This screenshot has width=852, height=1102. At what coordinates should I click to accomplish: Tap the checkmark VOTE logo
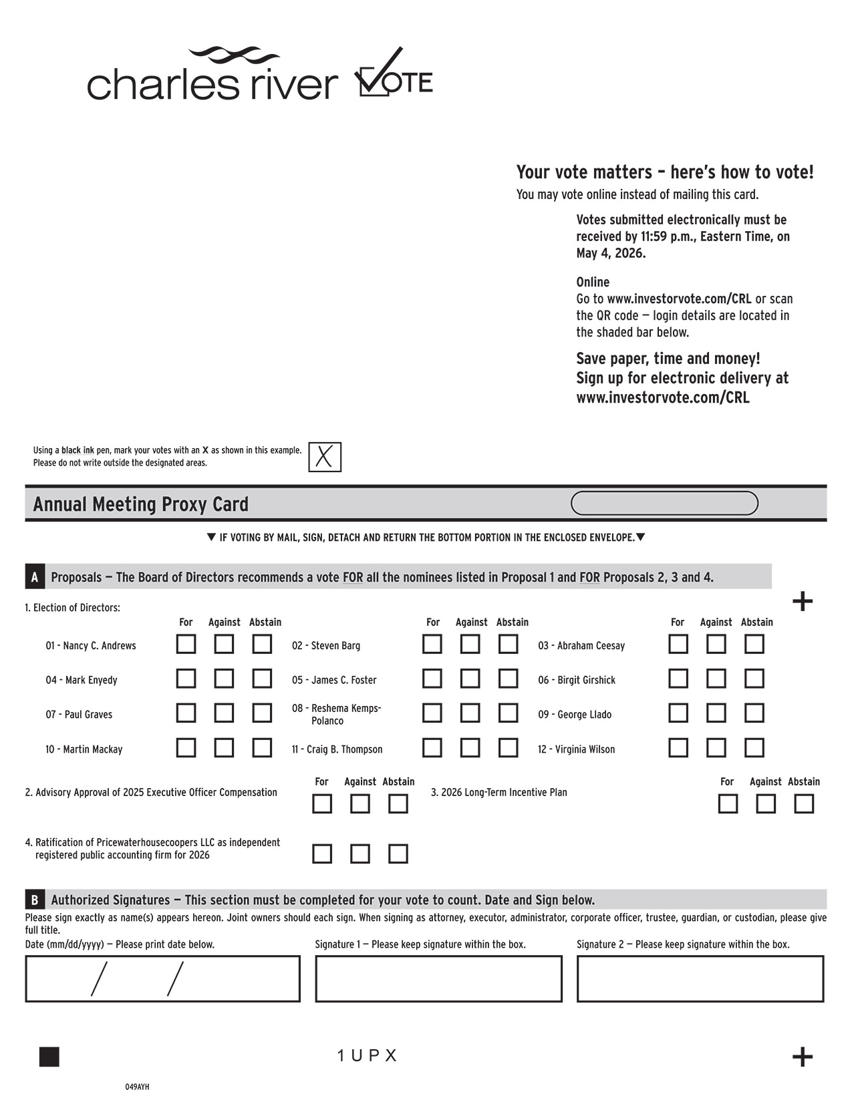(x=394, y=73)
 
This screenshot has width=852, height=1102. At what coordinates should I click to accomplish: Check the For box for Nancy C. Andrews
(x=186, y=645)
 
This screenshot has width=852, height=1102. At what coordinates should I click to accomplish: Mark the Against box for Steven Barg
(x=470, y=645)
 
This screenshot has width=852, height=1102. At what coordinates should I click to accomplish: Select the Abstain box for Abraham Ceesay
(x=754, y=645)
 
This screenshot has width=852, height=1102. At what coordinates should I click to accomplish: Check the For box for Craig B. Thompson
(x=432, y=747)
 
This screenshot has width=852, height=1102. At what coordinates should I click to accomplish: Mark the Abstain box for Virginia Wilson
(x=754, y=747)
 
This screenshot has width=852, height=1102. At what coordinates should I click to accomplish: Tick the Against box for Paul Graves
(x=224, y=713)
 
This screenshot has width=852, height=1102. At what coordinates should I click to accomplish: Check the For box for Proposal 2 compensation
(x=322, y=803)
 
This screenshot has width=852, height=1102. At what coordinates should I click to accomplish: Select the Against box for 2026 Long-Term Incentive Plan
(x=765, y=803)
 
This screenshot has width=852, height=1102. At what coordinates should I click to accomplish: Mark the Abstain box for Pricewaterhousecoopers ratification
(x=398, y=854)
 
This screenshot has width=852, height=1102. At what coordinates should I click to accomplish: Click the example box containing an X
(x=325, y=457)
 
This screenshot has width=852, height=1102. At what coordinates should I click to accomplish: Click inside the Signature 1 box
(x=438, y=979)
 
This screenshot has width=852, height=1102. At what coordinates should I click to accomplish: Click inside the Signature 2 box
(x=700, y=979)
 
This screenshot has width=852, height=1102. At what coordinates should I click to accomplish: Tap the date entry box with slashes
(x=162, y=979)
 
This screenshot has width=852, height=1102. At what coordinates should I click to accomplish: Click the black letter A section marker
(x=35, y=577)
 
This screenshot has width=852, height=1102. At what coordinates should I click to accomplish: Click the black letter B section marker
(x=35, y=900)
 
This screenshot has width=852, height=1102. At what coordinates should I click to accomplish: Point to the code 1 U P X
(x=367, y=1056)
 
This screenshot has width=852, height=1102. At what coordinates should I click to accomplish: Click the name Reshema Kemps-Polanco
(x=336, y=714)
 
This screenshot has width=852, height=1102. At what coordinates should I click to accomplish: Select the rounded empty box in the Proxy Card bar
(x=664, y=504)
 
